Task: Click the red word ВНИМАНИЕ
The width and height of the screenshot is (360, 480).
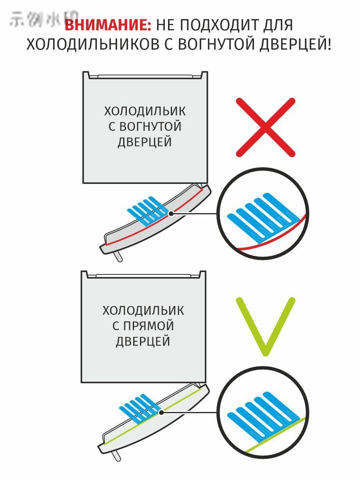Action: click(x=108, y=25)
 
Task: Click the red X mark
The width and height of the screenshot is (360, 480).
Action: click(x=266, y=127)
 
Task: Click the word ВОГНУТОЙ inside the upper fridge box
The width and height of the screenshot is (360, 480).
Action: click(x=145, y=126)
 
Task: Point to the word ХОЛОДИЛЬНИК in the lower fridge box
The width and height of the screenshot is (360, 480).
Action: click(x=143, y=310)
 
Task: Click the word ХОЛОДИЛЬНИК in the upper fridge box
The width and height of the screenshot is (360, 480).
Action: click(x=145, y=111)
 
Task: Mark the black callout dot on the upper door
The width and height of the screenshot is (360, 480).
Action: click(x=171, y=214)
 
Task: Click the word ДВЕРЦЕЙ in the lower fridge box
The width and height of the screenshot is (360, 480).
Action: click(x=143, y=342)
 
